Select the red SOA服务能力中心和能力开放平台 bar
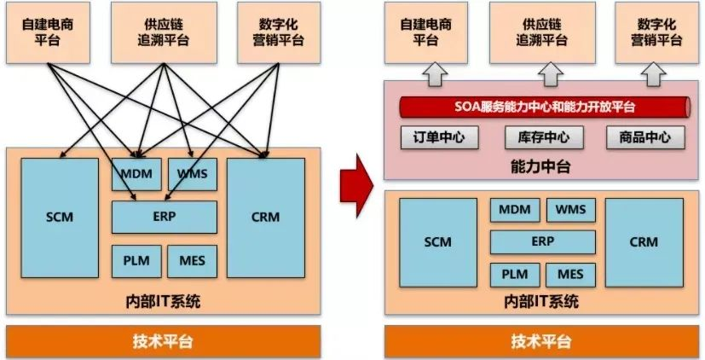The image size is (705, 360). pyautogui.click(x=543, y=107)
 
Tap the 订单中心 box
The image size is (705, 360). pyautogui.click(x=439, y=137)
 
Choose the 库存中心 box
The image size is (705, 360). pyautogui.click(x=543, y=137)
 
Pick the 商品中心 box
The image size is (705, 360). pyautogui.click(x=644, y=137)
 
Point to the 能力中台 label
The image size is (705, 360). pyautogui.click(x=543, y=167)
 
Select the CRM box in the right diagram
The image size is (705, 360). pyautogui.click(x=644, y=242)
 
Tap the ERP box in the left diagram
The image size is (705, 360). pyautogui.click(x=164, y=217)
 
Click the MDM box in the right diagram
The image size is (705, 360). pyautogui.click(x=514, y=210)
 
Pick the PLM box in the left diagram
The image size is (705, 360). pyautogui.click(x=135, y=260)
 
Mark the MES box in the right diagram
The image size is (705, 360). pyautogui.click(x=570, y=275)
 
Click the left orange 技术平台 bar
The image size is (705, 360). pyautogui.click(x=163, y=341)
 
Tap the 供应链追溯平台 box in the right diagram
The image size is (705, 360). pyautogui.click(x=543, y=32)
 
